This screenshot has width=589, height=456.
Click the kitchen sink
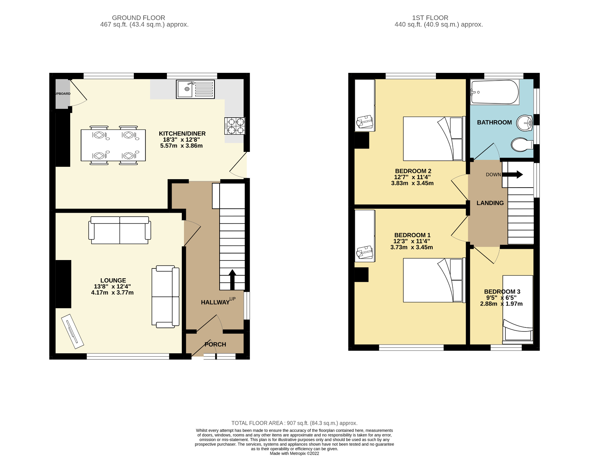[195, 89]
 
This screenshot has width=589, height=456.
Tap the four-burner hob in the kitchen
[235, 126]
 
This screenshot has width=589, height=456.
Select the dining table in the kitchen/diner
[113, 145]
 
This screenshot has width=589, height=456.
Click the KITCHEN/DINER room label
[182, 134]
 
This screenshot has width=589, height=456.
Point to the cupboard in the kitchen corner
[62, 94]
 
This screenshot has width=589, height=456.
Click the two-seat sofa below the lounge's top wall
[120, 230]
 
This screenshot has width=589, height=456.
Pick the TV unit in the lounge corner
[72, 331]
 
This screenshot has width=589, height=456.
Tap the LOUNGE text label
[113, 280]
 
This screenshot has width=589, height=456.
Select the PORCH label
[215, 344]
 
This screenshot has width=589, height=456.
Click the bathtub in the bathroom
[494, 92]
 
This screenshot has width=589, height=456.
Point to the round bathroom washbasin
[525, 123]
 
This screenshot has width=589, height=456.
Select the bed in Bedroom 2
[434, 139]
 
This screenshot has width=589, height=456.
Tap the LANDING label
[490, 203]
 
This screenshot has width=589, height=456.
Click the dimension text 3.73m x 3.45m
[412, 247]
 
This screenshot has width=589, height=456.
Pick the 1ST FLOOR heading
[430, 18]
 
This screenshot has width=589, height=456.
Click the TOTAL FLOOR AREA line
[294, 423]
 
